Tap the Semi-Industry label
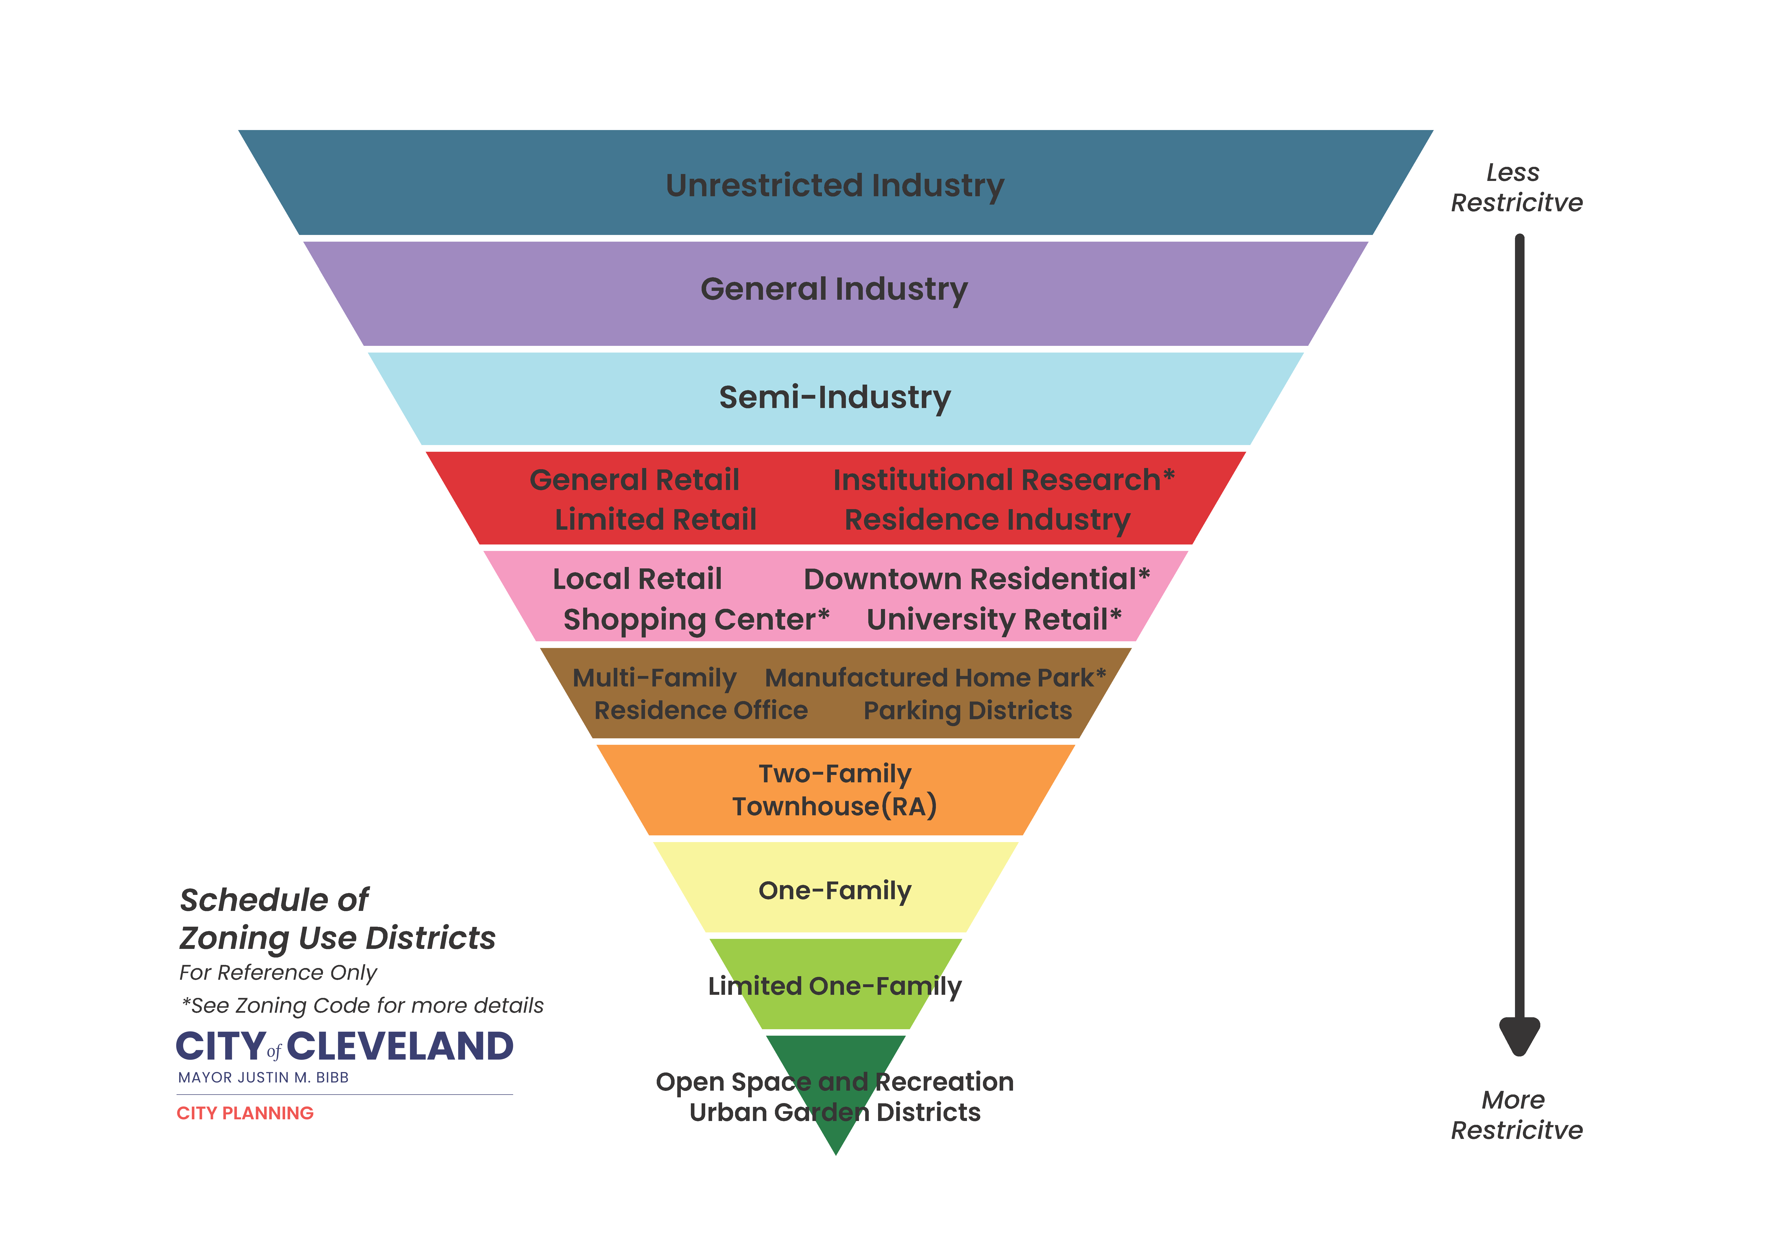pyautogui.click(x=835, y=398)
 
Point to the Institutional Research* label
pyautogui.click(x=1004, y=480)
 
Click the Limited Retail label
pyautogui.click(x=655, y=519)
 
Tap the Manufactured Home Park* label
pyautogui.click(x=935, y=678)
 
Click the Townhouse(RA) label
pyautogui.click(x=835, y=806)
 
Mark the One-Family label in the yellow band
pyautogui.click(x=835, y=891)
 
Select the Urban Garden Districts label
pyautogui.click(x=835, y=1112)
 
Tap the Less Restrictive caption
pyautogui.click(x=1516, y=187)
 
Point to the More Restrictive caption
pyautogui.click(x=1516, y=1115)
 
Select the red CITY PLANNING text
pyautogui.click(x=245, y=1113)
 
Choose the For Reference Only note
pyautogui.click(x=278, y=972)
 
